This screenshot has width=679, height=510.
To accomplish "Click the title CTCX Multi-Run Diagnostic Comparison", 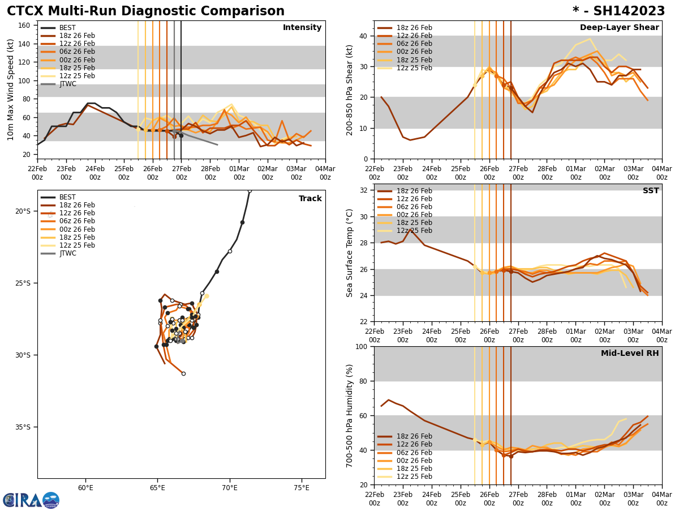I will click(x=145, y=11).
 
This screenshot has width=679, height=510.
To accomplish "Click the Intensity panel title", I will click(x=302, y=28).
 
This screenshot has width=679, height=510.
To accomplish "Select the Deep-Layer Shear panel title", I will click(x=619, y=28).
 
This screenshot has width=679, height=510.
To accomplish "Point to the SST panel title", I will click(x=651, y=191).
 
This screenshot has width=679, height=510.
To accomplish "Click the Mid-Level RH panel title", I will click(x=630, y=354).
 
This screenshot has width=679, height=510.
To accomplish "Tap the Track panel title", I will click(x=310, y=199).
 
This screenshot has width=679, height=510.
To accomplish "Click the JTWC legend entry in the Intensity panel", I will click(x=68, y=84).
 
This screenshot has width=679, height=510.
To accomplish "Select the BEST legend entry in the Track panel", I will click(x=67, y=197).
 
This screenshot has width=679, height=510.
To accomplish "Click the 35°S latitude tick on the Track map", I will click(x=23, y=427).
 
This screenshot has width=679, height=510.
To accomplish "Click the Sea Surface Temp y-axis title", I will click(x=350, y=253).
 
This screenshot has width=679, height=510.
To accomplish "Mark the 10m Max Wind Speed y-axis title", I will click(x=11, y=90).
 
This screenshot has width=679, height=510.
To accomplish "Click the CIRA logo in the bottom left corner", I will click(x=31, y=500).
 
